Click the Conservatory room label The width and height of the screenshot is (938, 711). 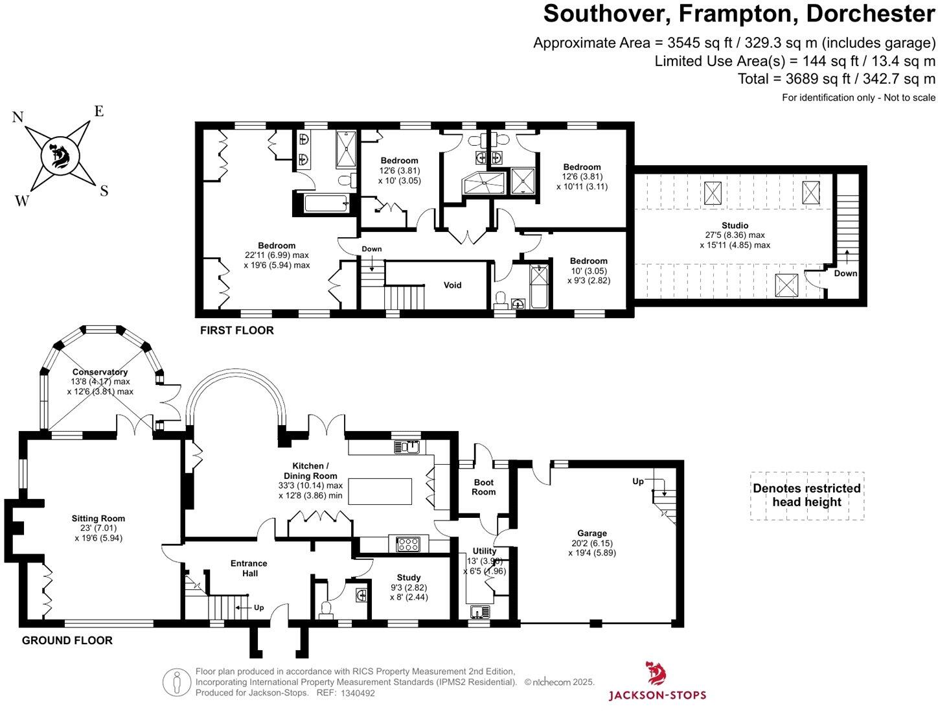click(100, 372)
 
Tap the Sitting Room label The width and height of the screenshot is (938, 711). click(98, 519)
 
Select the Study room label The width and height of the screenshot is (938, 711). click(408, 577)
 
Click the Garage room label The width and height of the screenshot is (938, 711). click(591, 533)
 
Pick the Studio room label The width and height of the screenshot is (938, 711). click(735, 226)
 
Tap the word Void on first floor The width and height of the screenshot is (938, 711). click(452, 285)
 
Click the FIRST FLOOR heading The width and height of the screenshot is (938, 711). click(236, 331)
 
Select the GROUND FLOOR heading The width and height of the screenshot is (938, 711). click(67, 640)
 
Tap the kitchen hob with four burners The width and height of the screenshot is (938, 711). click(407, 544)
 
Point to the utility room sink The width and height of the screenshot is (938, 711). click(480, 611)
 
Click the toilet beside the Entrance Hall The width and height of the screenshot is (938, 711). click(326, 608)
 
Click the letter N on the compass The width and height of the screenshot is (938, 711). click(18, 117)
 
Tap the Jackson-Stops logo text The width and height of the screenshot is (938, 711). click(657, 695)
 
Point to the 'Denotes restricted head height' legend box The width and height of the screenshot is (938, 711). click(806, 496)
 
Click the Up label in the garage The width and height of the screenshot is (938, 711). click(638, 482)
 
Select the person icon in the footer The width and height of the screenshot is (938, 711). click(176, 682)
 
